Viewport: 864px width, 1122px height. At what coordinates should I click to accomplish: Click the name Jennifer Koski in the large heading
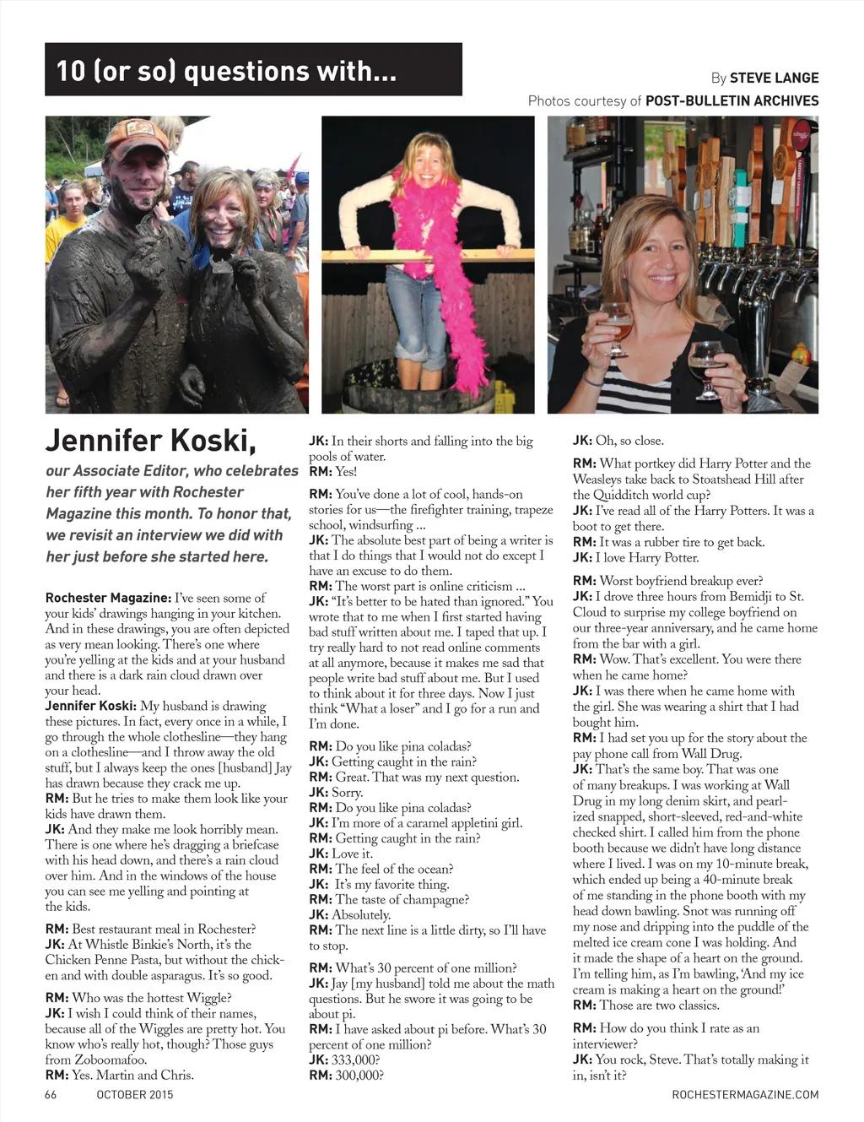pyautogui.click(x=150, y=441)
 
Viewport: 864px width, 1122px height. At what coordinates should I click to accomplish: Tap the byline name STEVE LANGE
pyautogui.click(x=774, y=78)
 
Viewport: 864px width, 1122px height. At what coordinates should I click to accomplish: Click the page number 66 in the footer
pyautogui.click(x=51, y=1095)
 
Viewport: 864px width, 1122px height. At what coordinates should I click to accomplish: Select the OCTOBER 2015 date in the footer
pyautogui.click(x=134, y=1095)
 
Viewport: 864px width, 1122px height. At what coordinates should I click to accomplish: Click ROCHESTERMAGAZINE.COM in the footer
pyautogui.click(x=745, y=1095)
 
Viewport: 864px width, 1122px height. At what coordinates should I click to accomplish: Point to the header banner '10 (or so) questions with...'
pyautogui.click(x=253, y=70)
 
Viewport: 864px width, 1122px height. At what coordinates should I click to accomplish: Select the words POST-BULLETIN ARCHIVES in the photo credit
pyautogui.click(x=732, y=101)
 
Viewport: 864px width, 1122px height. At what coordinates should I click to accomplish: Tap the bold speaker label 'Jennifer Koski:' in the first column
pyautogui.click(x=90, y=706)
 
